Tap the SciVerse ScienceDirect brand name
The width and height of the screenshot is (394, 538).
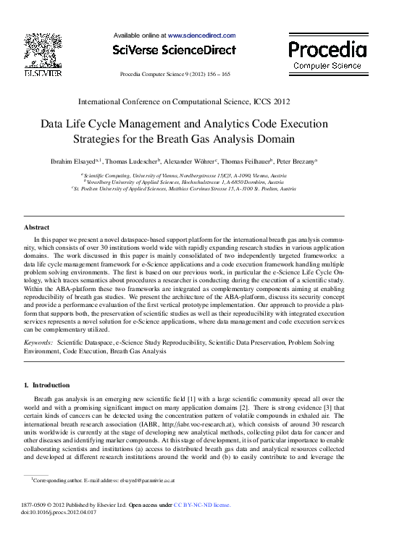175,50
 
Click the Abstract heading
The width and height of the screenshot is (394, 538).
37,227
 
